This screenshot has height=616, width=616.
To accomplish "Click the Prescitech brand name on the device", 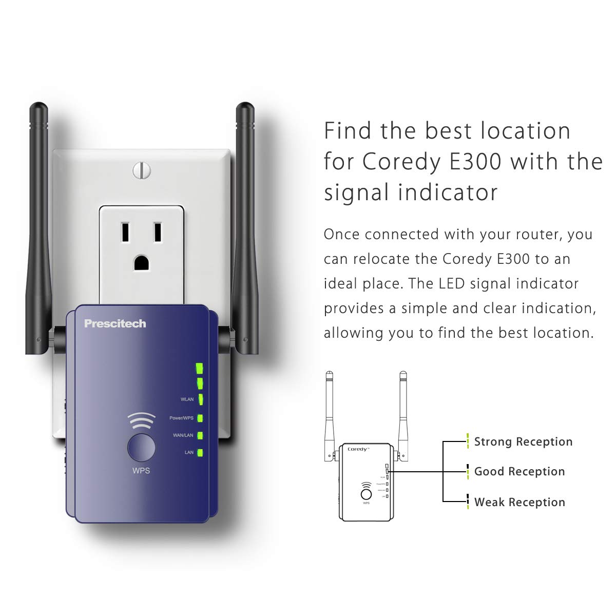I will point(115,324).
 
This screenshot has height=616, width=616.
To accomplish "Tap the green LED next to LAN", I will point(200,453).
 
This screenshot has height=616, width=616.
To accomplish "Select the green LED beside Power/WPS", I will point(200,418).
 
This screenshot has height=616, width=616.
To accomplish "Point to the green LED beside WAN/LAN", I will point(200,436).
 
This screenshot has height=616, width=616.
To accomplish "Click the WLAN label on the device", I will point(187,399).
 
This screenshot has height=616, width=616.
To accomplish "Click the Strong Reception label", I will point(523,442).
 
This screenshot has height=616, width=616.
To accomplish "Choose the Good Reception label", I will point(519,472).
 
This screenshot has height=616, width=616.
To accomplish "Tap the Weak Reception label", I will point(519,502).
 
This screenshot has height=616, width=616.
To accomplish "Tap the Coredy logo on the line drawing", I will point(358,449).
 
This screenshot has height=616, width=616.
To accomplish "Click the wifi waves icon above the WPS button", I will point(141,421).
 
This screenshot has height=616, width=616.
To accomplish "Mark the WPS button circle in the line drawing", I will point(366,494).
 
